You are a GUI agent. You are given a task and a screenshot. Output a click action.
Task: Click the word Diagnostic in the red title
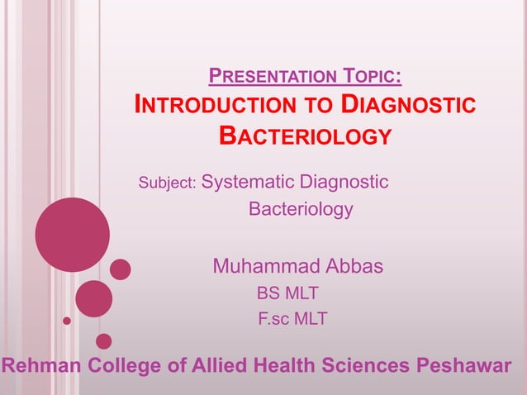pos(409,106)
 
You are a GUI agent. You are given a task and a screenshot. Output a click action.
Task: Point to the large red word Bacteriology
pos(304,136)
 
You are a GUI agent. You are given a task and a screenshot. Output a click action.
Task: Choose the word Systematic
pos(249,181)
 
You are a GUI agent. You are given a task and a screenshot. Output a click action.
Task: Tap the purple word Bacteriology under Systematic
pos(301,209)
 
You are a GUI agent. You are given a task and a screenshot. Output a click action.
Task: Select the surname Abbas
pos(354,266)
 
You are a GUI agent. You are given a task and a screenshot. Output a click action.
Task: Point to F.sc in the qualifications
pos(270,317)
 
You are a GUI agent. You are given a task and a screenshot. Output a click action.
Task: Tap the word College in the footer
pos(131,365)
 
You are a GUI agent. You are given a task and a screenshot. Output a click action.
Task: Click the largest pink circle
pos(72,235)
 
